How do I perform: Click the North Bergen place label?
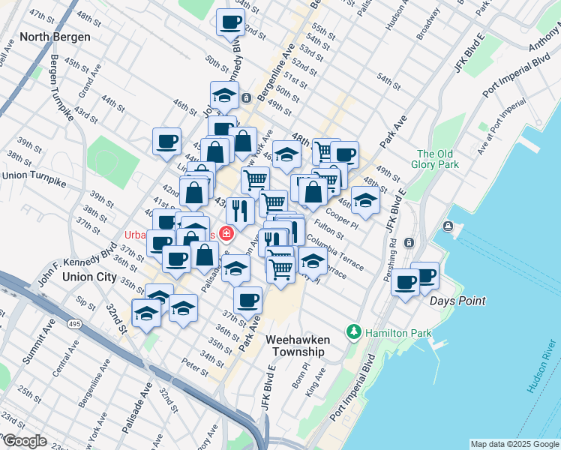[55, 37]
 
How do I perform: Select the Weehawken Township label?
[298, 346]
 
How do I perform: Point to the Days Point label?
[457, 301]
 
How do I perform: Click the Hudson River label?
[539, 373]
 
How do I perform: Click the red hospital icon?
[226, 235]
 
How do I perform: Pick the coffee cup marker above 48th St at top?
[230, 22]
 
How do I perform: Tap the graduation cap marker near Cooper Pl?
[365, 201]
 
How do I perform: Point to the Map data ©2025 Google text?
[514, 444]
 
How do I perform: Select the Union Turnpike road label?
[34, 175]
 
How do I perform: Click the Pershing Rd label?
[392, 262]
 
